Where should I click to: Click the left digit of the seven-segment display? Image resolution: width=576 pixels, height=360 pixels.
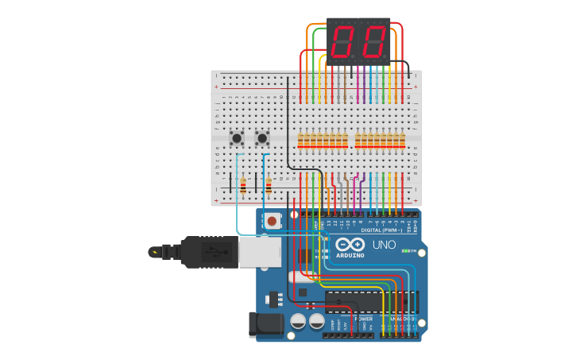344,41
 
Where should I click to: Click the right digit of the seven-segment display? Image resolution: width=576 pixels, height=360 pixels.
373,41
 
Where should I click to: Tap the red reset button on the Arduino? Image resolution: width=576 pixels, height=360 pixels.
273,221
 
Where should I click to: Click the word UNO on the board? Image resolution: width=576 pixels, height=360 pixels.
384,245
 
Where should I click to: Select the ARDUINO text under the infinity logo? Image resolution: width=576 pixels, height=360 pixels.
350,255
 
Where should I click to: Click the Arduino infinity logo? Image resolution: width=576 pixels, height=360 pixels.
350,244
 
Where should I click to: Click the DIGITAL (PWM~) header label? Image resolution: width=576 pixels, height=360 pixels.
381,230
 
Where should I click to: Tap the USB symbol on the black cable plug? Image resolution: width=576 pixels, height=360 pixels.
210,253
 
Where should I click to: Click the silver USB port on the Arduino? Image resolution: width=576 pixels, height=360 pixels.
260,252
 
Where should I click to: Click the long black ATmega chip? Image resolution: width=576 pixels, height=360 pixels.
370,302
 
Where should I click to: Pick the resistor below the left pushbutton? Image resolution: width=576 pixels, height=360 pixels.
242,187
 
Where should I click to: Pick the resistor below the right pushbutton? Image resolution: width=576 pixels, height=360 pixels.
269,187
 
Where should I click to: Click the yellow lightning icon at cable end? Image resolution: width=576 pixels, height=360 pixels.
154,253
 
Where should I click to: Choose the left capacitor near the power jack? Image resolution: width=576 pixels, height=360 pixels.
298,320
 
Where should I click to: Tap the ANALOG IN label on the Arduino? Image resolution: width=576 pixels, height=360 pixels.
400,319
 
